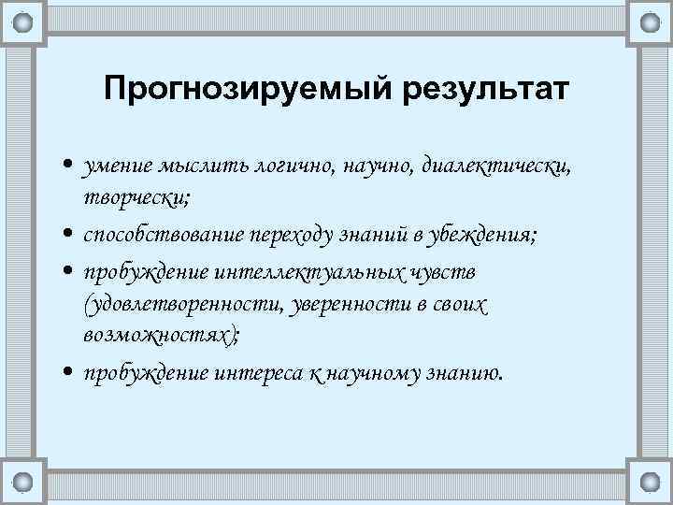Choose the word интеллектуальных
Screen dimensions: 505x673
tap(321, 271)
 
